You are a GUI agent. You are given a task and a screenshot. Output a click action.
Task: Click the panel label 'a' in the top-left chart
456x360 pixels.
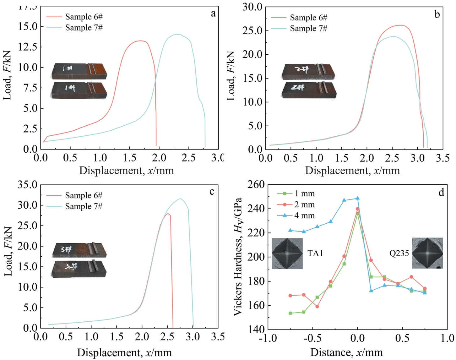[213, 14]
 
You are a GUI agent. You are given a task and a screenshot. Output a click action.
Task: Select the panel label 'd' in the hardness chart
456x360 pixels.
[441, 192]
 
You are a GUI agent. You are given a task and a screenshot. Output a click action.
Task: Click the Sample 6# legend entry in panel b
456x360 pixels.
[308, 18]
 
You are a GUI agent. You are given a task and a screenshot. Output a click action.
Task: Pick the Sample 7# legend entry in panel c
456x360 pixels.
[84, 206]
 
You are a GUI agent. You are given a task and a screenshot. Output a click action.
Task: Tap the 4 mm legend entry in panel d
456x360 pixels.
[304, 215]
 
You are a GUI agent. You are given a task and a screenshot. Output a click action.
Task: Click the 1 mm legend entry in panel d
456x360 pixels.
[304, 194]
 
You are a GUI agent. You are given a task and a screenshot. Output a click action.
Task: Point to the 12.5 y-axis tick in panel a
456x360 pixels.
[28, 47]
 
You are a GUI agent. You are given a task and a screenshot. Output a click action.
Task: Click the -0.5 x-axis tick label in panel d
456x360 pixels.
[312, 338]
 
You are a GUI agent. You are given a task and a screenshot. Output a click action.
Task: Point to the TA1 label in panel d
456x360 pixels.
[315, 253]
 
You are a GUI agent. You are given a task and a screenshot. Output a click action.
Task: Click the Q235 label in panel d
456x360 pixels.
[399, 253]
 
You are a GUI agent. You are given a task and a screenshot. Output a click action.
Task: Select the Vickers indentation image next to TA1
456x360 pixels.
[287, 253]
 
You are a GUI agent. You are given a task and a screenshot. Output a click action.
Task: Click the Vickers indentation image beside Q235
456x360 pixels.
[427, 253]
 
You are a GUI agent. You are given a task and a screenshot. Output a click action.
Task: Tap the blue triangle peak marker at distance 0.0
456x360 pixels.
[357, 198]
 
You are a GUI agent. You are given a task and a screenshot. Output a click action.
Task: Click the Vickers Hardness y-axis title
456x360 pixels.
[238, 256]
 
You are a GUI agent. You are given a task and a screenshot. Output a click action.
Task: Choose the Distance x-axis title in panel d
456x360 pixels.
[346, 352]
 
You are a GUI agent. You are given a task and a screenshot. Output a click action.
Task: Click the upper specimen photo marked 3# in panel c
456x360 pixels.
[79, 250]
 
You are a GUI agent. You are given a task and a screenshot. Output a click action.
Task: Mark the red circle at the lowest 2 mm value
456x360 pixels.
[317, 306]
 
